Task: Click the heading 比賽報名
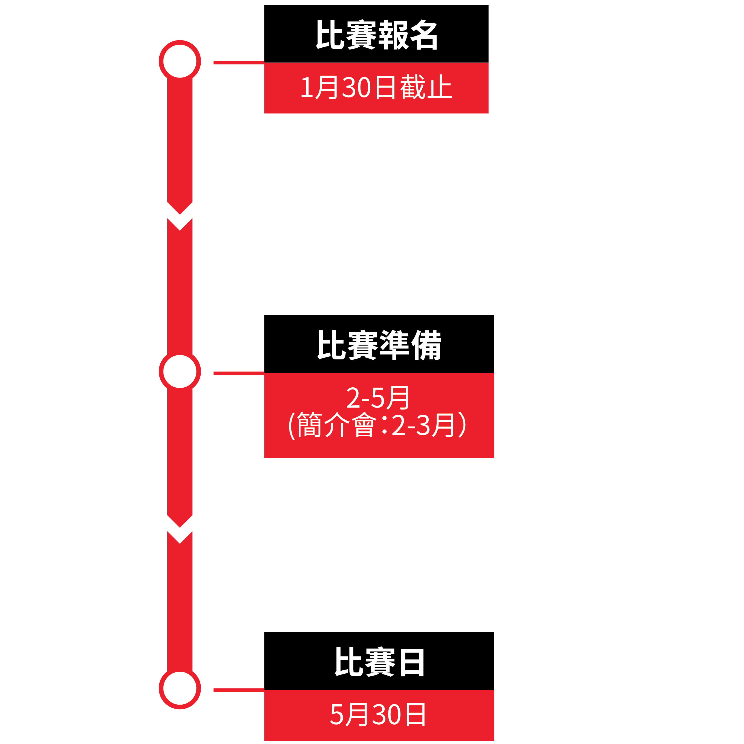[x=377, y=35]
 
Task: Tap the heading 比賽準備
[x=379, y=345]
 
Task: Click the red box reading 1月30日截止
[x=376, y=88]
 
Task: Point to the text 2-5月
[x=377, y=398]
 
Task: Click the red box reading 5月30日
[x=379, y=715]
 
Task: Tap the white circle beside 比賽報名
[x=180, y=61]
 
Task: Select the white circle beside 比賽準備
[x=180, y=371]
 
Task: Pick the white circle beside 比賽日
[x=180, y=688]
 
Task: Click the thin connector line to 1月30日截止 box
[x=239, y=63]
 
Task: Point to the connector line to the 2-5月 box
[x=239, y=373]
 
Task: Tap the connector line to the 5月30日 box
[x=239, y=690]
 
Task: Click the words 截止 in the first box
[x=426, y=87]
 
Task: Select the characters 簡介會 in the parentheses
[x=336, y=425]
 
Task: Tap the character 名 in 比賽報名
[x=423, y=35]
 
